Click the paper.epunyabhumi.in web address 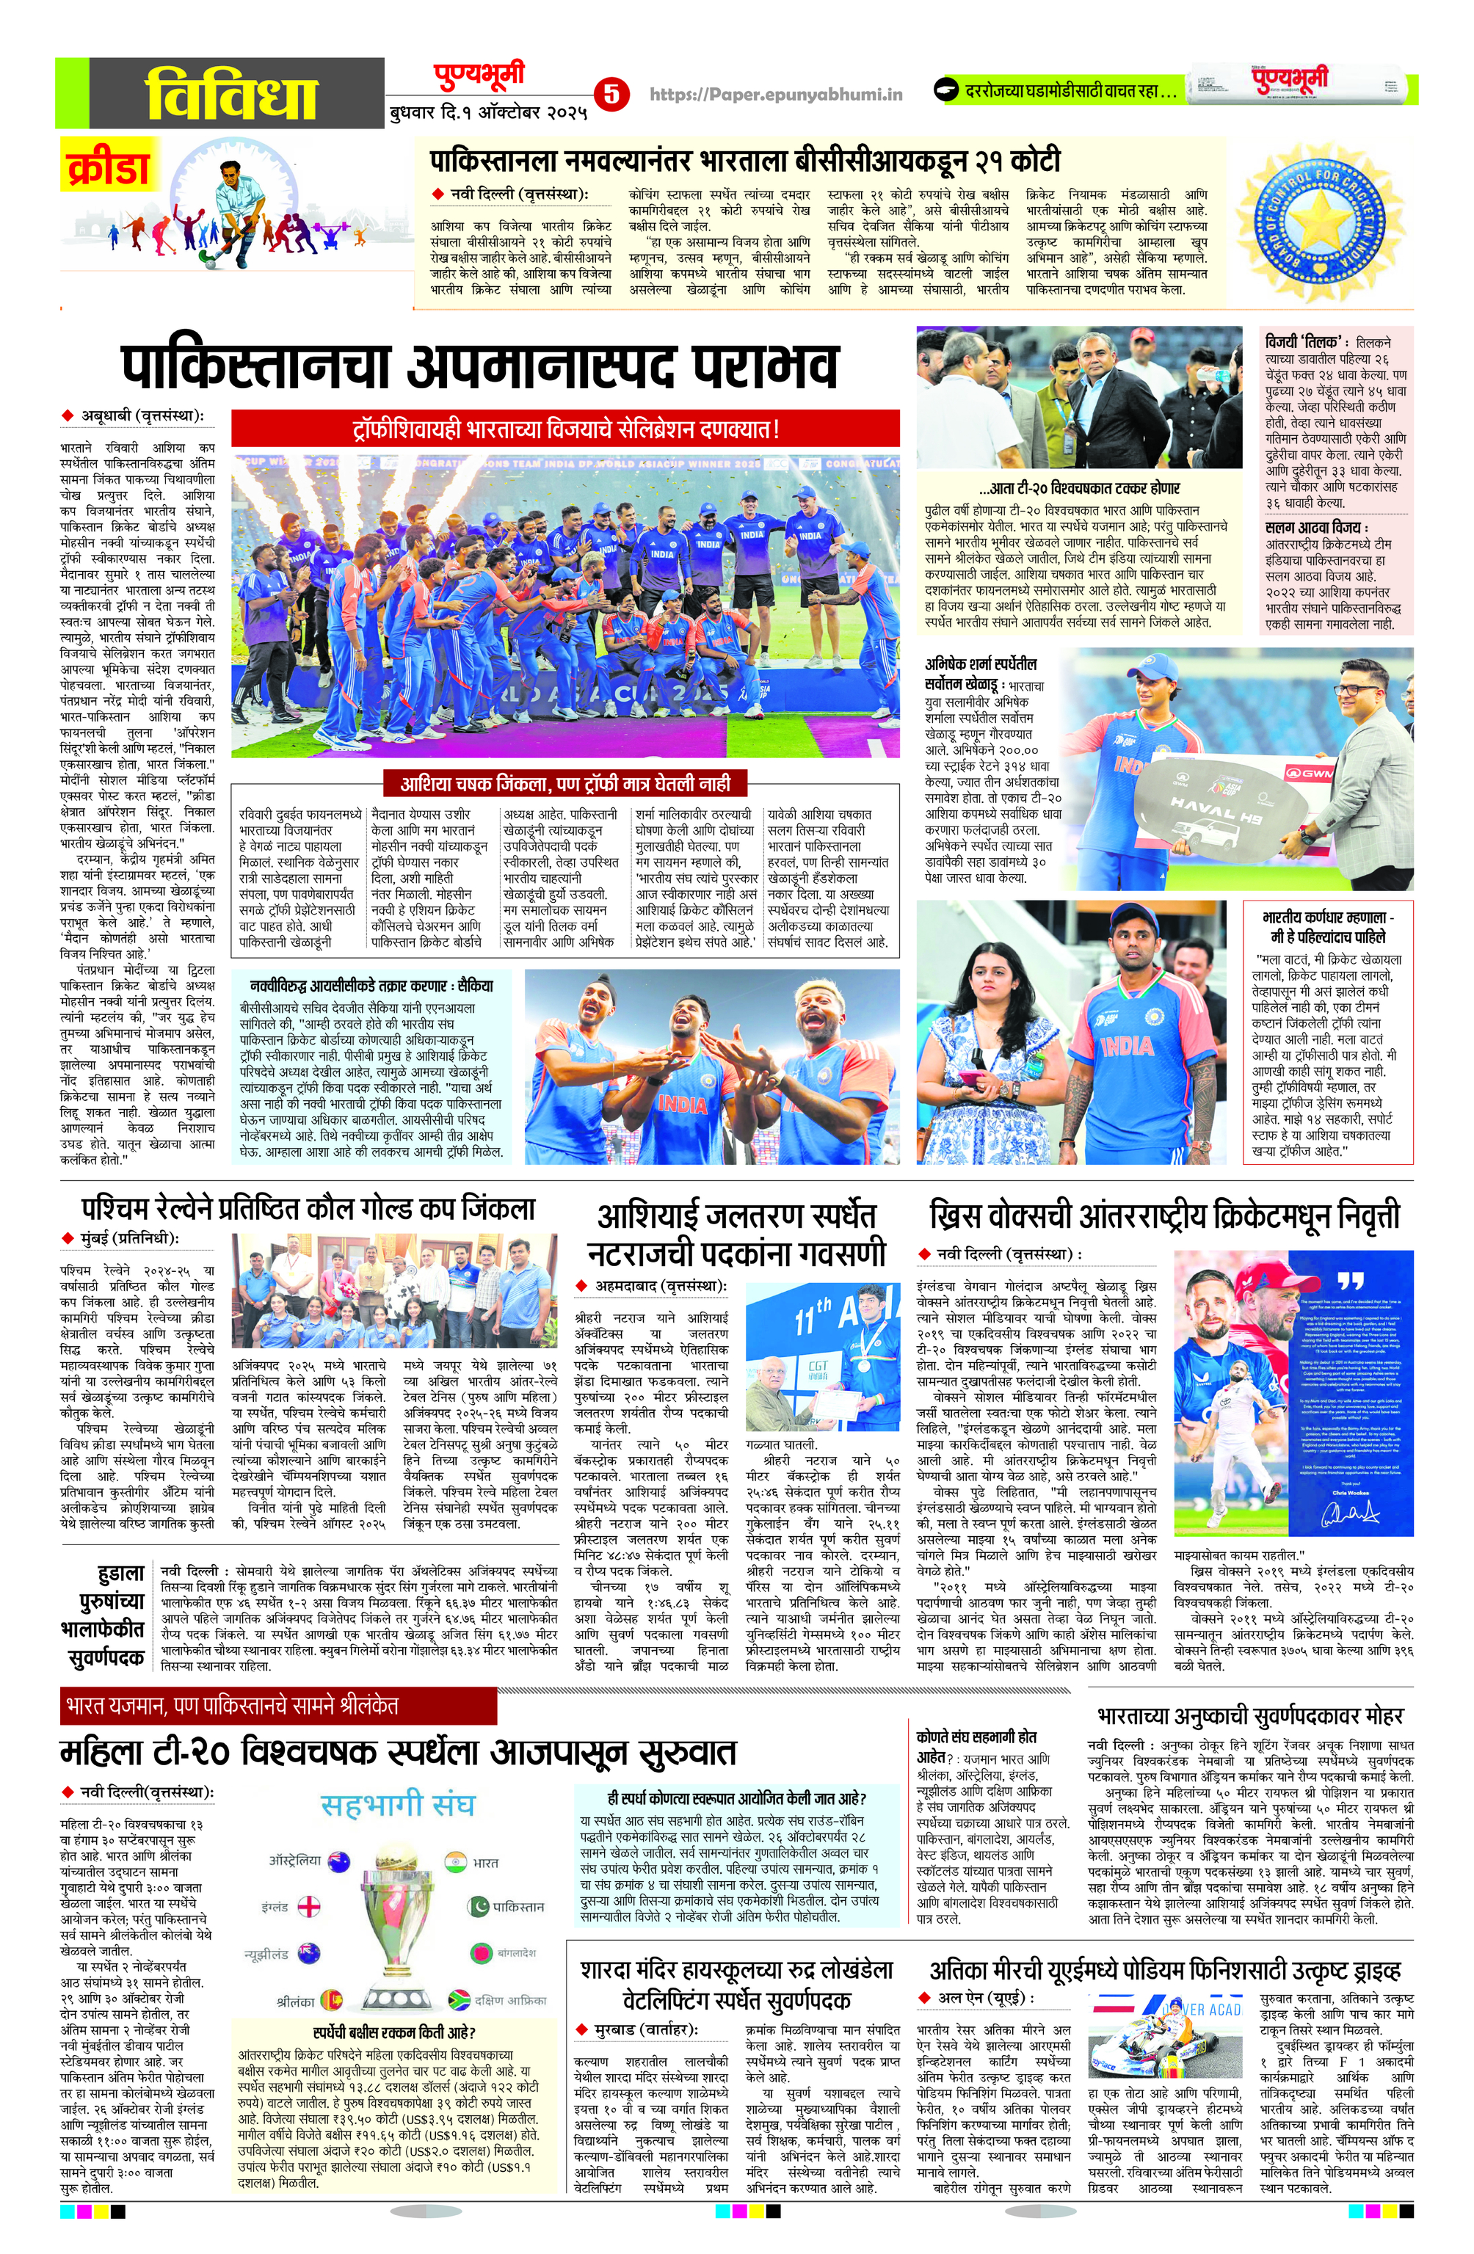[x=776, y=94]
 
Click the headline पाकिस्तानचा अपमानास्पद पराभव [x=479, y=365]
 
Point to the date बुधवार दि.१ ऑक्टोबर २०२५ [x=488, y=114]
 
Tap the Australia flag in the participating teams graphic [x=335, y=1861]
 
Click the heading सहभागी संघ [x=397, y=1804]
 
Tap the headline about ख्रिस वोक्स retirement [x=1163, y=1216]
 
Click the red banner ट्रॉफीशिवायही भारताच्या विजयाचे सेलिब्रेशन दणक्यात [x=564, y=429]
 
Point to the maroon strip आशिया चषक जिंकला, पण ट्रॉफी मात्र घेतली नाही [x=564, y=783]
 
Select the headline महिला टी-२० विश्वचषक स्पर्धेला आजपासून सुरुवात [x=398, y=1752]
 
